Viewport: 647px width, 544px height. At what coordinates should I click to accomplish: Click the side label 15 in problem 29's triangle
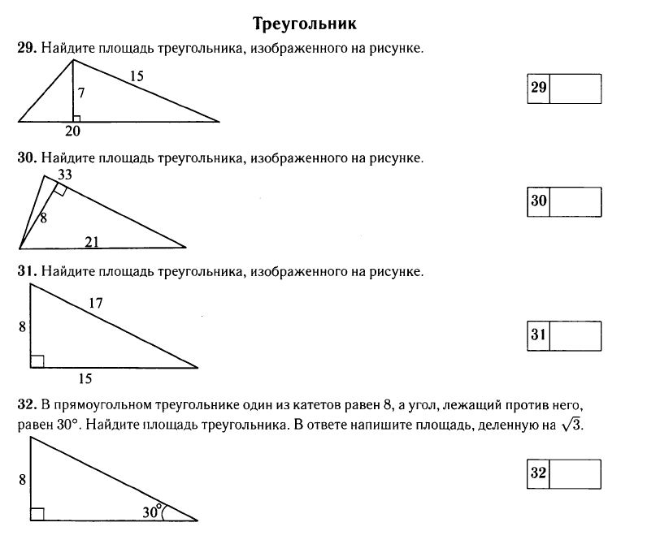coord(136,76)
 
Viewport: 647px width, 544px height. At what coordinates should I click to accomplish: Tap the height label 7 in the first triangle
coord(81,93)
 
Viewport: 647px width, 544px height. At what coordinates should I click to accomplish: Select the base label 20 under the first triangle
coord(72,130)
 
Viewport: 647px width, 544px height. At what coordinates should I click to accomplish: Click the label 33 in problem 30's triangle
coord(65,174)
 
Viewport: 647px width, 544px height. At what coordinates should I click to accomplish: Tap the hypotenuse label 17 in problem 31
coord(95,304)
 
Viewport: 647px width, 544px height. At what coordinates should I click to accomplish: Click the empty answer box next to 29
coord(575,89)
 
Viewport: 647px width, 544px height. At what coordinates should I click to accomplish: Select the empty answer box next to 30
coord(575,201)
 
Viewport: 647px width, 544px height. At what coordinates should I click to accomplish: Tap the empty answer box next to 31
coord(575,335)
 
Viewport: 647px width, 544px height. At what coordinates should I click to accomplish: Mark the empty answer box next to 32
coord(575,473)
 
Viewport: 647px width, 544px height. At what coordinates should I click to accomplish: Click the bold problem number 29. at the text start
coord(26,49)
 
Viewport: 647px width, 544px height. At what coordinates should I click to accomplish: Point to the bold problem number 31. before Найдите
coord(26,270)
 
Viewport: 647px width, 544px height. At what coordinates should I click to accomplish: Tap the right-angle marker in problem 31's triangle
coord(37,361)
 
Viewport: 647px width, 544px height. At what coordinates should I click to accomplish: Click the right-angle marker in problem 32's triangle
coord(37,513)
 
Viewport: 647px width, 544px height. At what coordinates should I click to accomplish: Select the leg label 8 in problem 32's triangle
coord(21,480)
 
